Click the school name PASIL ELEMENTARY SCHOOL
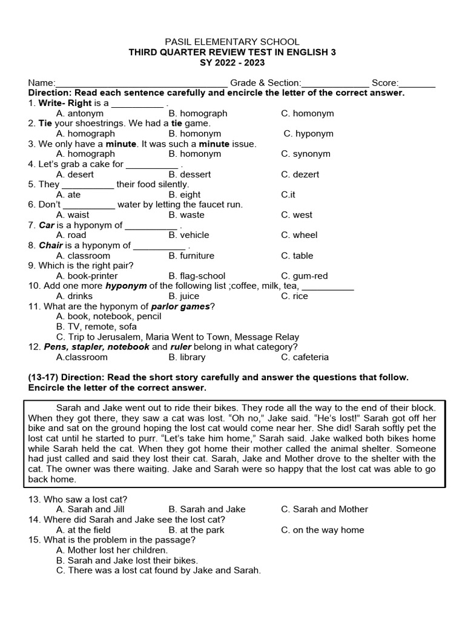pos(232,42)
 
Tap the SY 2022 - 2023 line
pos(232,62)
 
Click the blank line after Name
pos(142,84)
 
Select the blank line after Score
pos(417,84)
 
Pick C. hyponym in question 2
pos(309,134)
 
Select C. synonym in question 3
pos(306,154)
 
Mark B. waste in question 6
pos(186,215)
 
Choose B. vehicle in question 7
pos(189,235)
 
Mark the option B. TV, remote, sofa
pos(96,326)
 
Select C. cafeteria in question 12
pos(305,357)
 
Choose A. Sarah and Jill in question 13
pos(88,509)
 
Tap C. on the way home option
pos(322,530)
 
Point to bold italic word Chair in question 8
pos(51,245)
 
